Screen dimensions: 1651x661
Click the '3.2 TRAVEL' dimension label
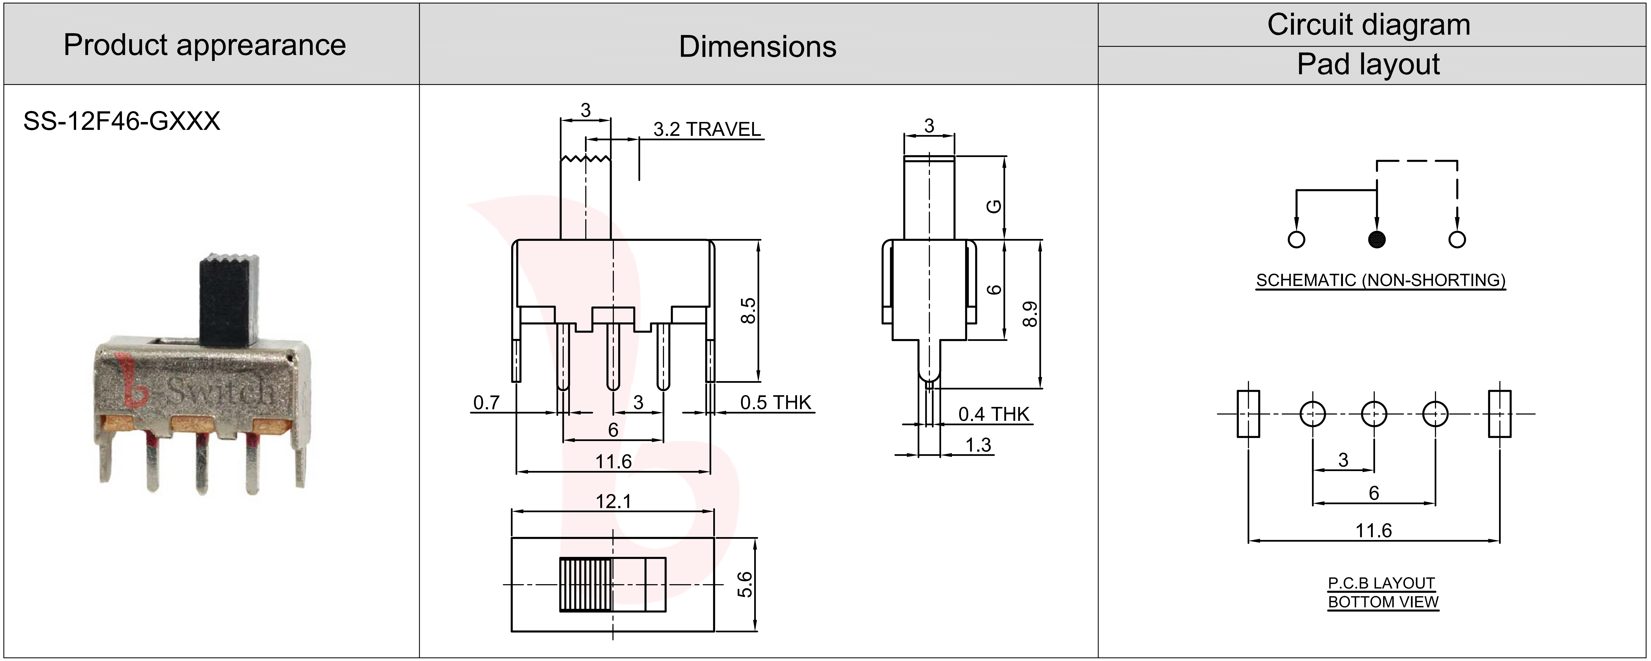[x=707, y=129]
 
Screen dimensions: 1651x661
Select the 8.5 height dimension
[x=748, y=311]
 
